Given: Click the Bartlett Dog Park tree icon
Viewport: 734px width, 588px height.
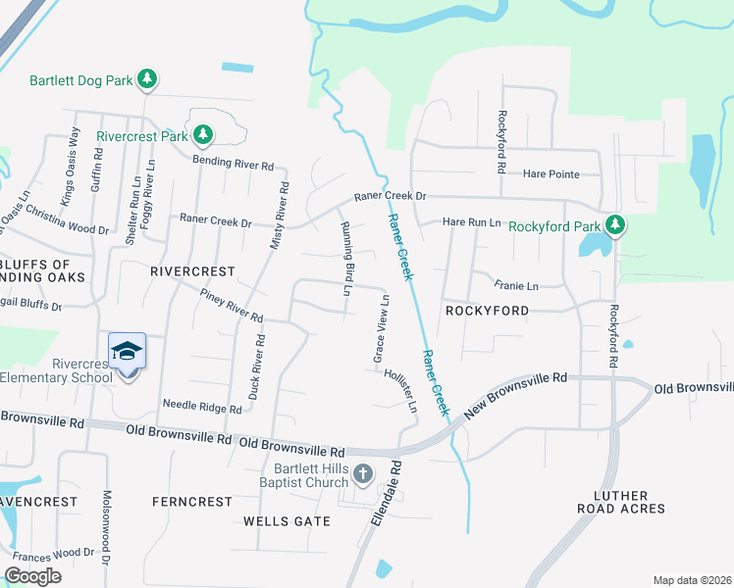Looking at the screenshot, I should coord(147,79).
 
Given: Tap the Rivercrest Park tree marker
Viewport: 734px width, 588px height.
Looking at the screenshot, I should coord(203,134).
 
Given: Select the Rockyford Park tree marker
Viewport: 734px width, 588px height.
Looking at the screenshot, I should coord(615,226).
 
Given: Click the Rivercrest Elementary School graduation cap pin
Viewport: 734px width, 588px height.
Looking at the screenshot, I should coord(128,354).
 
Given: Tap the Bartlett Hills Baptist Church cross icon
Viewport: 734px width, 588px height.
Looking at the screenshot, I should coord(362,475).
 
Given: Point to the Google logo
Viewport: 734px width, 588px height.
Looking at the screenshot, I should coord(32,576).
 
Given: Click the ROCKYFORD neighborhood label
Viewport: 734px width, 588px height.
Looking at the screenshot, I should coord(487,311).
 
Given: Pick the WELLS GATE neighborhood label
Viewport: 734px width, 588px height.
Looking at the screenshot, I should coord(287,520).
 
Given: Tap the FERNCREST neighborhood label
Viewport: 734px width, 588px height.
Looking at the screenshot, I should coord(191,501).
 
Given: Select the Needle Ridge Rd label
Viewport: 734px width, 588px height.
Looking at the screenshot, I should coord(201,407).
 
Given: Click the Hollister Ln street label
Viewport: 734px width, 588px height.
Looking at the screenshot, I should coord(405,390).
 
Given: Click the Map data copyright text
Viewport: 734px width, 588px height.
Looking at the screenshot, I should coord(692,580).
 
